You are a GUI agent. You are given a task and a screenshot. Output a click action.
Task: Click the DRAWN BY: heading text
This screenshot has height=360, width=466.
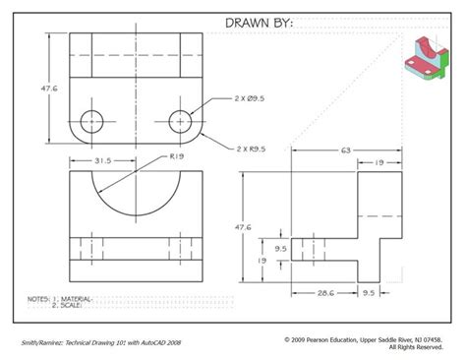click(x=259, y=23)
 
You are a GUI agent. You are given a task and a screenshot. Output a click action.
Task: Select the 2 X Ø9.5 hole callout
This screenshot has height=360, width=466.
click(x=250, y=98)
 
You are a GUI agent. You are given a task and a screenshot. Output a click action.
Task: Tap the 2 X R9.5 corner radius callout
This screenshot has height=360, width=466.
click(x=251, y=149)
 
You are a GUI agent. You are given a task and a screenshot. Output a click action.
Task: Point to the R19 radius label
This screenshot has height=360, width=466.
click(x=177, y=156)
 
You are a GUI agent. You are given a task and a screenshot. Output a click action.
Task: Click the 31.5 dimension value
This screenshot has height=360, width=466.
click(x=103, y=160)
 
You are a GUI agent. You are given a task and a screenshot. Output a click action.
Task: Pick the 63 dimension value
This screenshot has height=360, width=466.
click(x=346, y=150)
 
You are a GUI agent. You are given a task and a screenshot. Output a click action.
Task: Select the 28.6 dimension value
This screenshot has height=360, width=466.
click(x=325, y=293)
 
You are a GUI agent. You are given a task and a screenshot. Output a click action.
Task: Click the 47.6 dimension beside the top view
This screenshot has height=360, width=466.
click(x=49, y=89)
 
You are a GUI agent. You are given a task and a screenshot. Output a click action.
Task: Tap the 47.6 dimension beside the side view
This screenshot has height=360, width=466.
click(x=243, y=227)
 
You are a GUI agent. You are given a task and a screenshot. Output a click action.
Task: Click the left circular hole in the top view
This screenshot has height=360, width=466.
click(x=91, y=110)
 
